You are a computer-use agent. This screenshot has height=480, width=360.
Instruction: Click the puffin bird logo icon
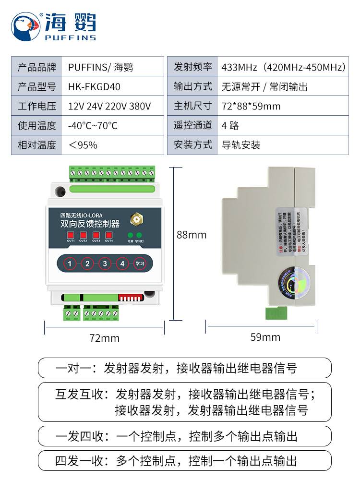[x=26, y=26]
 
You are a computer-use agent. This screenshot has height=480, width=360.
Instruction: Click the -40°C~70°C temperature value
[x=93, y=126]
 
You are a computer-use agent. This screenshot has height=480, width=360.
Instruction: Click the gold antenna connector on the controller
[x=137, y=220]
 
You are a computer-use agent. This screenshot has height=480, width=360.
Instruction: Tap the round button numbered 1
[x=70, y=264]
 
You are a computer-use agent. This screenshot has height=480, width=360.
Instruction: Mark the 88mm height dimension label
[x=192, y=235]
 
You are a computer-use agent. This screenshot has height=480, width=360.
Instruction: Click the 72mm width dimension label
[x=104, y=338]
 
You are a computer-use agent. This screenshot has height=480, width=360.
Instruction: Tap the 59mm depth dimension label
[x=265, y=337]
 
